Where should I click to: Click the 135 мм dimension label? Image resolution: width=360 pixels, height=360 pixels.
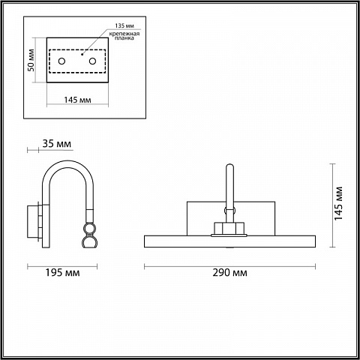(124, 25)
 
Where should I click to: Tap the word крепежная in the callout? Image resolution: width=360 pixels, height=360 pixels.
(124, 34)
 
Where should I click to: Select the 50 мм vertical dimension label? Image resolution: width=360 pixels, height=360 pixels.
(31, 60)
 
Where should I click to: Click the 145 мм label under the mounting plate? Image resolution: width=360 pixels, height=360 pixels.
(77, 100)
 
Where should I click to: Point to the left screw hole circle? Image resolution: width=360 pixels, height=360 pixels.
(61, 61)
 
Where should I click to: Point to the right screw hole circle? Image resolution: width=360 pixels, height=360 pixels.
(93, 61)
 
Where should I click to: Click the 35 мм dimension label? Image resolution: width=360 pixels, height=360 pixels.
(57, 144)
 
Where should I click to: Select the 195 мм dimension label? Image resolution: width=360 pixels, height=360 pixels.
(62, 272)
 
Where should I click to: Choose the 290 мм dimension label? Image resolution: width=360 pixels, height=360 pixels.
(230, 272)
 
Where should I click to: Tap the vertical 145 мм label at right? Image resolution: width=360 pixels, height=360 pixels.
(338, 203)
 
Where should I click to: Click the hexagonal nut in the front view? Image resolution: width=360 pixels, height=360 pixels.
(229, 228)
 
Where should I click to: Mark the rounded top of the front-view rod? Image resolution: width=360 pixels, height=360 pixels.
(229, 166)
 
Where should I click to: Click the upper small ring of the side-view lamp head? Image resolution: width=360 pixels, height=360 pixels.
(90, 228)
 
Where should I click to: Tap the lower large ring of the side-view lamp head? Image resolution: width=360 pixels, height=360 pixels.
(90, 241)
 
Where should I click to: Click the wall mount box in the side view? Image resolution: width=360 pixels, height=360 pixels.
(32, 221)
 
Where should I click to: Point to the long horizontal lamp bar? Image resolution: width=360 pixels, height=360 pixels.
(229, 241)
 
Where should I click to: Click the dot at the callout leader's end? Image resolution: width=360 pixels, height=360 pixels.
(82, 54)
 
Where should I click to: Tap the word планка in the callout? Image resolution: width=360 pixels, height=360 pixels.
(124, 38)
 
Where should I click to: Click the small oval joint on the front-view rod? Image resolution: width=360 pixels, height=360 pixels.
(229, 211)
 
